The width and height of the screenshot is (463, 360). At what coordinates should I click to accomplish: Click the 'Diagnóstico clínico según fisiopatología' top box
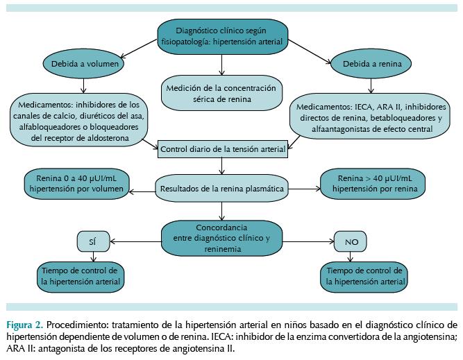(221, 35)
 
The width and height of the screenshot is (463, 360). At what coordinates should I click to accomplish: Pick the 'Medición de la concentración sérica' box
(221, 93)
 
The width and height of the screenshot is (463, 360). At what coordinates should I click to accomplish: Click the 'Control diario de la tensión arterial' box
(221, 148)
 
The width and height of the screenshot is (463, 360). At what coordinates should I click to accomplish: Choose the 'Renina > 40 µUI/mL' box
(372, 182)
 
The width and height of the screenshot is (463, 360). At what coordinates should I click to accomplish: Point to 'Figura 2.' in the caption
(25, 324)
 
